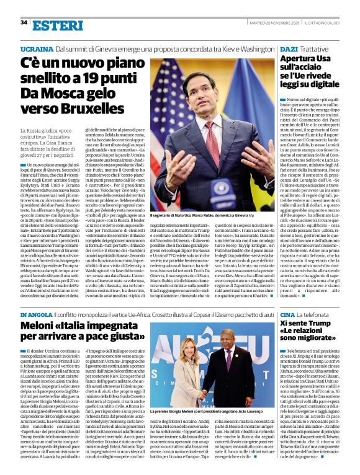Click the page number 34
pyautogui.click(x=24, y=22)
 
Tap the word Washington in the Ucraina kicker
pyautogui.click(x=253, y=48)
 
